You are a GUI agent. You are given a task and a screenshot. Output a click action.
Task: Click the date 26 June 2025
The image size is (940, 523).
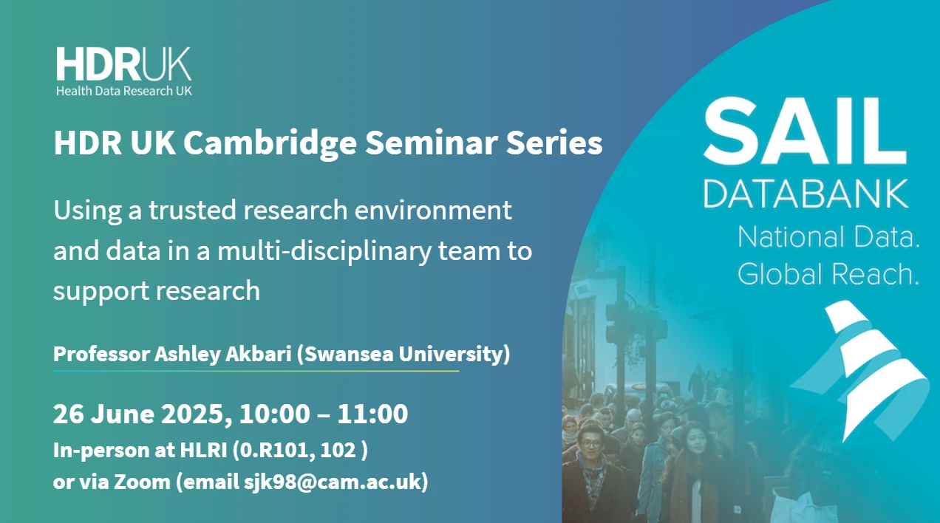136,414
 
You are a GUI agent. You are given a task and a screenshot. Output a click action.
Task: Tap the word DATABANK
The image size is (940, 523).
806,194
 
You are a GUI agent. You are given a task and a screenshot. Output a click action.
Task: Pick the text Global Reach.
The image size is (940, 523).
828,274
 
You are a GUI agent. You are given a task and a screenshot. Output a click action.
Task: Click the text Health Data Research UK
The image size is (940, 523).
123,91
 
